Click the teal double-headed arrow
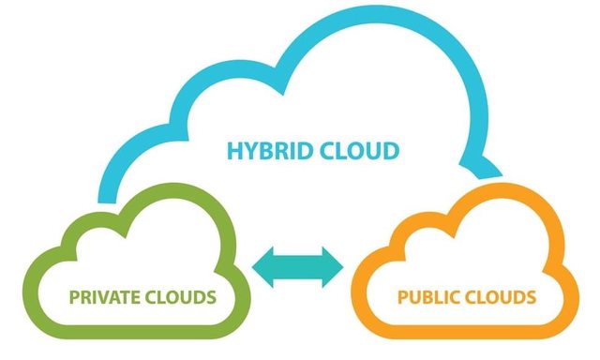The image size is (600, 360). (x=299, y=266)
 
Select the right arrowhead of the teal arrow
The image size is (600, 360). (x=333, y=266)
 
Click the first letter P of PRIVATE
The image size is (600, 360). (x=74, y=298)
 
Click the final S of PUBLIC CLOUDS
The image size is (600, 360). (x=532, y=298)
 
